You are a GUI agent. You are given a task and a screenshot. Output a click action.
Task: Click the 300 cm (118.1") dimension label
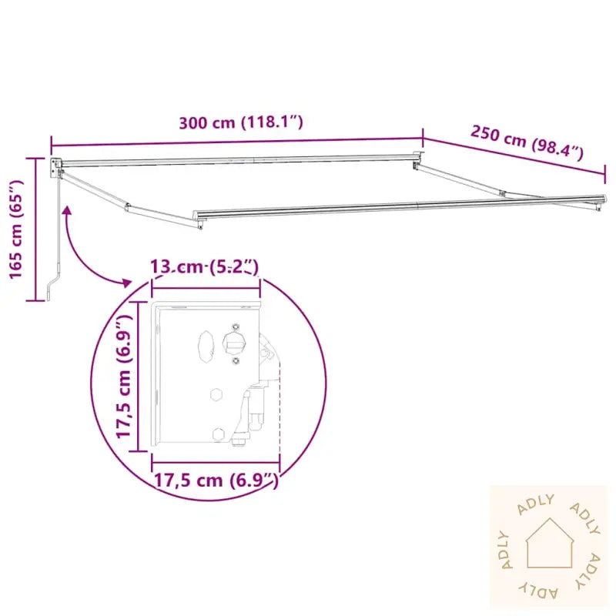[x=241, y=122]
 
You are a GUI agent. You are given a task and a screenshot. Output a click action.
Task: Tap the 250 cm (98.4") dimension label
[x=527, y=142]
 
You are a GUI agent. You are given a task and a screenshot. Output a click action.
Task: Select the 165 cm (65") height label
[x=17, y=229]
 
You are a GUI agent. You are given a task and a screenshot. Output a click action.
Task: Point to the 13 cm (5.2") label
[x=205, y=267]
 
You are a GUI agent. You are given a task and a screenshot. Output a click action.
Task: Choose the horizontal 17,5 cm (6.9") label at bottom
[x=216, y=480]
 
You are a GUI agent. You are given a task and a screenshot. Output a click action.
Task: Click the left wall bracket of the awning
[x=55, y=168]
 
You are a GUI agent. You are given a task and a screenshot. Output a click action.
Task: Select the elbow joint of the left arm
[x=127, y=206]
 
